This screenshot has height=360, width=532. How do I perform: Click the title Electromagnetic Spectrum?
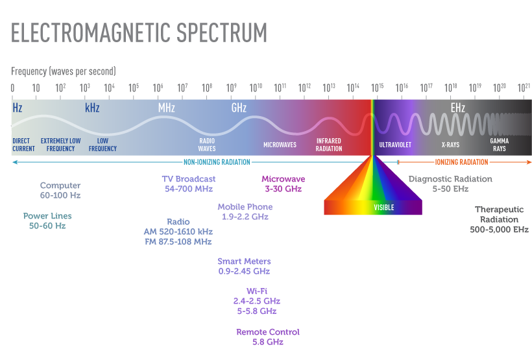coord(139,32)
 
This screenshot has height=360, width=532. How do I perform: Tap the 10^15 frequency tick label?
coord(377,88)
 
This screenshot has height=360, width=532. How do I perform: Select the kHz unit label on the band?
coord(92,108)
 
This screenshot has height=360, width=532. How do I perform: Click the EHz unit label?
coord(458,108)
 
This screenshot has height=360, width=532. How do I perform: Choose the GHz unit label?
coord(239,108)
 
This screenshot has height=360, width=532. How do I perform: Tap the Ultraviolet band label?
coord(395,145)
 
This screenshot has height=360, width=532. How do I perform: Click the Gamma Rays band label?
coord(499,145)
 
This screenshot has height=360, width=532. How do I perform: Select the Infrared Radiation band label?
coord(329,145)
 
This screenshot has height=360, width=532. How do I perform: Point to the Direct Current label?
coord(24,145)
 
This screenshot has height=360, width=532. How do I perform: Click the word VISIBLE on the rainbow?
coord(383,208)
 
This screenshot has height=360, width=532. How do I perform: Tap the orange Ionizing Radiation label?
coord(461,162)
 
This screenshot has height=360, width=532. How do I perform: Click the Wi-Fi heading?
coord(257,291)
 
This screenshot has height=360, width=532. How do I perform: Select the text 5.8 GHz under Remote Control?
coord(268,342)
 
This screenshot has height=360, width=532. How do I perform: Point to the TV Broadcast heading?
coord(189,179)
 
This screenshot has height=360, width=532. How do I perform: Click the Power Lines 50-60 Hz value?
coord(47,226)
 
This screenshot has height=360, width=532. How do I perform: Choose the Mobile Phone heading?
coord(245,207)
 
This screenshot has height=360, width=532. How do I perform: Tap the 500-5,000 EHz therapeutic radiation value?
coord(499,230)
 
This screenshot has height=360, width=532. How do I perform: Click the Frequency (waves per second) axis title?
coord(64,71)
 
